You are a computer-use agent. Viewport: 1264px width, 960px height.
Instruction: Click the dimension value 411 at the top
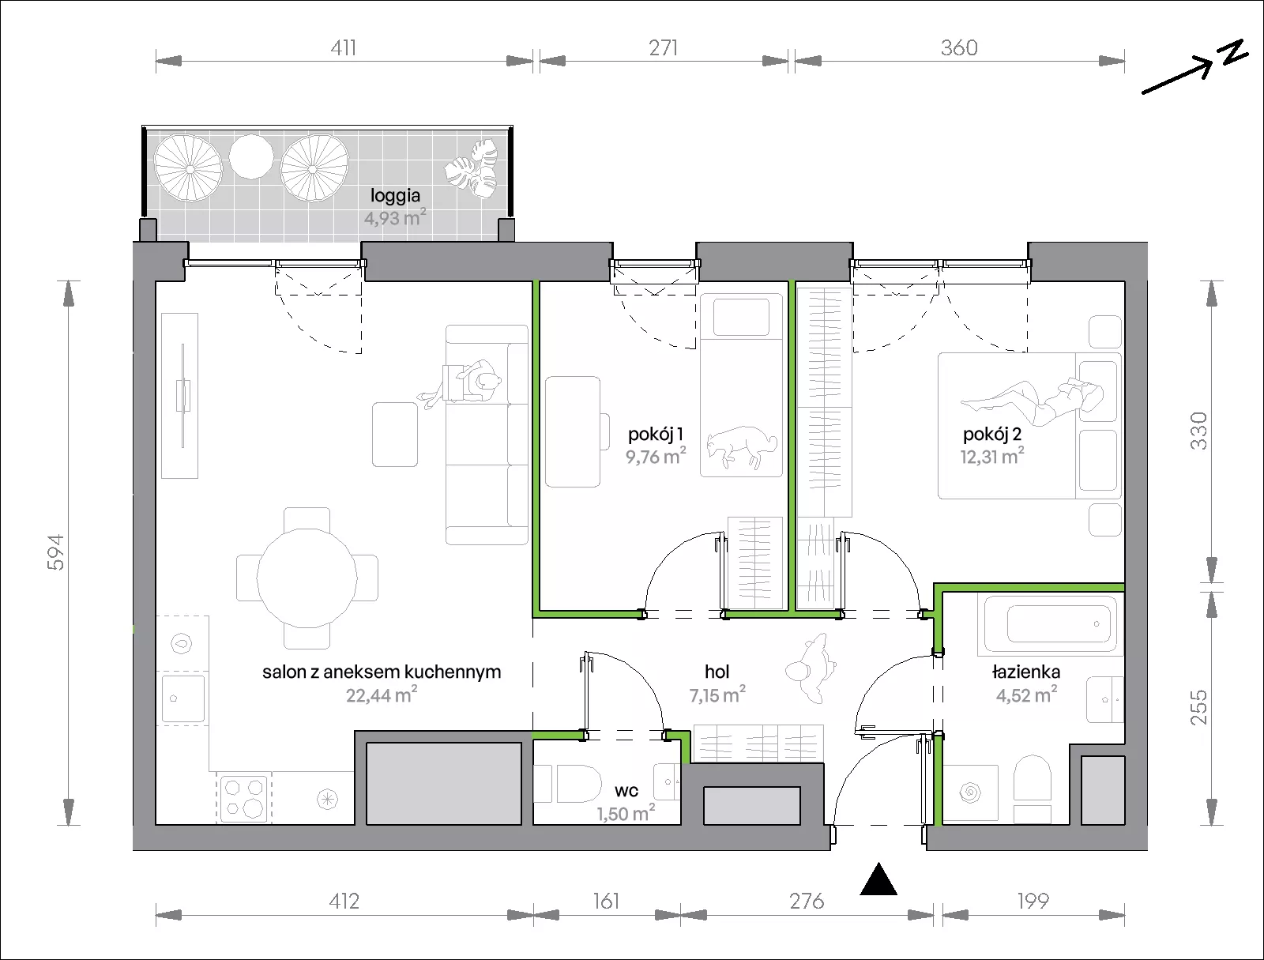pyautogui.click(x=343, y=47)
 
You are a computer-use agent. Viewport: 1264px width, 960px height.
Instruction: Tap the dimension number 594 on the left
pyautogui.click(x=56, y=553)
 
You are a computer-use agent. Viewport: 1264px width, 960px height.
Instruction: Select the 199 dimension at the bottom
pyautogui.click(x=1033, y=902)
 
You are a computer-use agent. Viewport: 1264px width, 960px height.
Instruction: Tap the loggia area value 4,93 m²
pyautogui.click(x=395, y=218)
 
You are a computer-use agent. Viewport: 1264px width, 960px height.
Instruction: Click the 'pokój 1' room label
pyautogui.click(x=656, y=435)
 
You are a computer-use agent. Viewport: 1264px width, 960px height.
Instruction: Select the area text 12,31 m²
pyautogui.click(x=992, y=457)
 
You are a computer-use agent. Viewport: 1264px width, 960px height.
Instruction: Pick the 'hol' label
pyautogui.click(x=717, y=672)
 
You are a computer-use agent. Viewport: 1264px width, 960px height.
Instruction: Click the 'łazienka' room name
pyautogui.click(x=1026, y=672)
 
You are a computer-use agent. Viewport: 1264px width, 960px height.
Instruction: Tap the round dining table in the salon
pyautogui.click(x=307, y=578)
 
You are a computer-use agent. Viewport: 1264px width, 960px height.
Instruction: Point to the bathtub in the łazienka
pyautogui.click(x=1051, y=623)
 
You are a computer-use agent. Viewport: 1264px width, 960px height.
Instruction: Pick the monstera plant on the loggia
pyautogui.click(x=472, y=169)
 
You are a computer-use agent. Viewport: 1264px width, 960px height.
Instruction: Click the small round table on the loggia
pyautogui.click(x=251, y=156)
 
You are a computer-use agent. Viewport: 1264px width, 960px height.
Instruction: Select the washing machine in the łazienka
pyautogui.click(x=970, y=793)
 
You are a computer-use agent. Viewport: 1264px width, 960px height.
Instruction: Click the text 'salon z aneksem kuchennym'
pyautogui.click(x=382, y=672)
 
